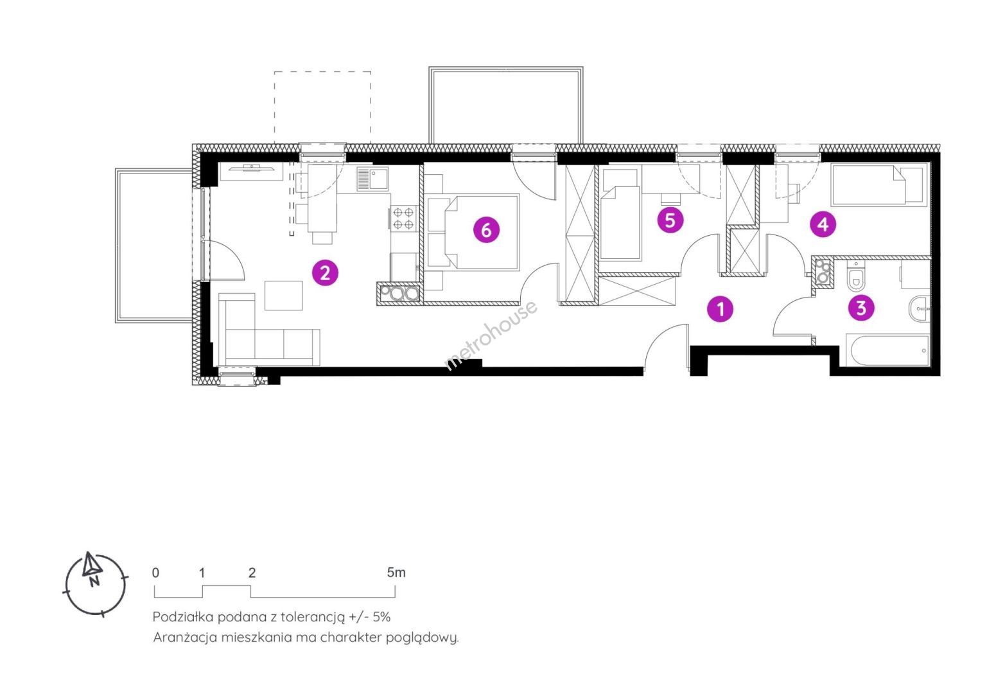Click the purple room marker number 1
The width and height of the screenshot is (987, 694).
pyautogui.click(x=720, y=308)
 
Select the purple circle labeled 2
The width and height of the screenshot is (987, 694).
pyautogui.click(x=325, y=273)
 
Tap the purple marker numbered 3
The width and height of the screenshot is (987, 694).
pyautogui.click(x=861, y=307)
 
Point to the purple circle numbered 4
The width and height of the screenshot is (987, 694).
pyautogui.click(x=823, y=224)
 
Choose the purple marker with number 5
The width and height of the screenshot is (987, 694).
pyautogui.click(x=670, y=220)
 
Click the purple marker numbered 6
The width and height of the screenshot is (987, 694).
pyautogui.click(x=487, y=229)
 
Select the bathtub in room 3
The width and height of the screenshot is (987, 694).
pyautogui.click(x=889, y=351)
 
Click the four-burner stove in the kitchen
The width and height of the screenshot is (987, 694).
pyautogui.click(x=404, y=218)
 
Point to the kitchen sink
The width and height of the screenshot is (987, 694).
pyautogui.click(x=372, y=179)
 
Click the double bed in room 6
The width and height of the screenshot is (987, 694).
pyautogui.click(x=482, y=232)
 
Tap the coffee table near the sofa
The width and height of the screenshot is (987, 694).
pyautogui.click(x=283, y=296)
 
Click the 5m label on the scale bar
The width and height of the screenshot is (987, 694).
pyautogui.click(x=396, y=573)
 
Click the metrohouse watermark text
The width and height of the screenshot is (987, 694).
pyautogui.click(x=491, y=335)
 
